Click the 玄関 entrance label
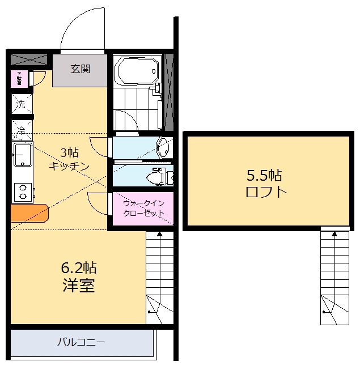point(80,69)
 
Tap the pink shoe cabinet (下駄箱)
point(19,79)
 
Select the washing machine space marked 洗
point(21,104)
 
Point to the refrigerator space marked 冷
point(21,130)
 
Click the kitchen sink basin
point(23,154)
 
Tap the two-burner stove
point(23,191)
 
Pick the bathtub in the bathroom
point(136,71)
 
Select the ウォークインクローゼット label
point(143,208)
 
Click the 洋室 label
point(78,286)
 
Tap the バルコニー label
point(81,342)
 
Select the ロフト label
point(266,191)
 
